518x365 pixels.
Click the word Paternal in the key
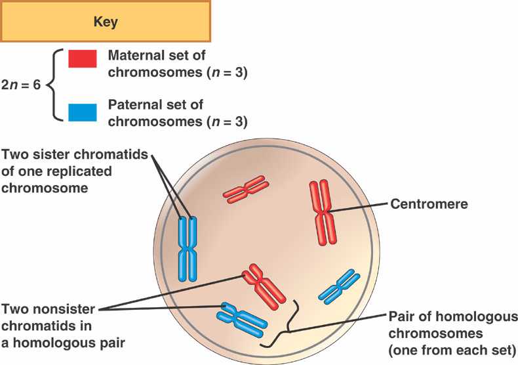click(132, 105)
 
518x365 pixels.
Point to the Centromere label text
click(429, 204)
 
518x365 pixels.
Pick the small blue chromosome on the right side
click(340, 287)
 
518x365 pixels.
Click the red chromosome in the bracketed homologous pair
click(264, 285)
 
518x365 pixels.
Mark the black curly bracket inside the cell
click(289, 332)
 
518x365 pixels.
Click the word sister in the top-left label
click(49, 156)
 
